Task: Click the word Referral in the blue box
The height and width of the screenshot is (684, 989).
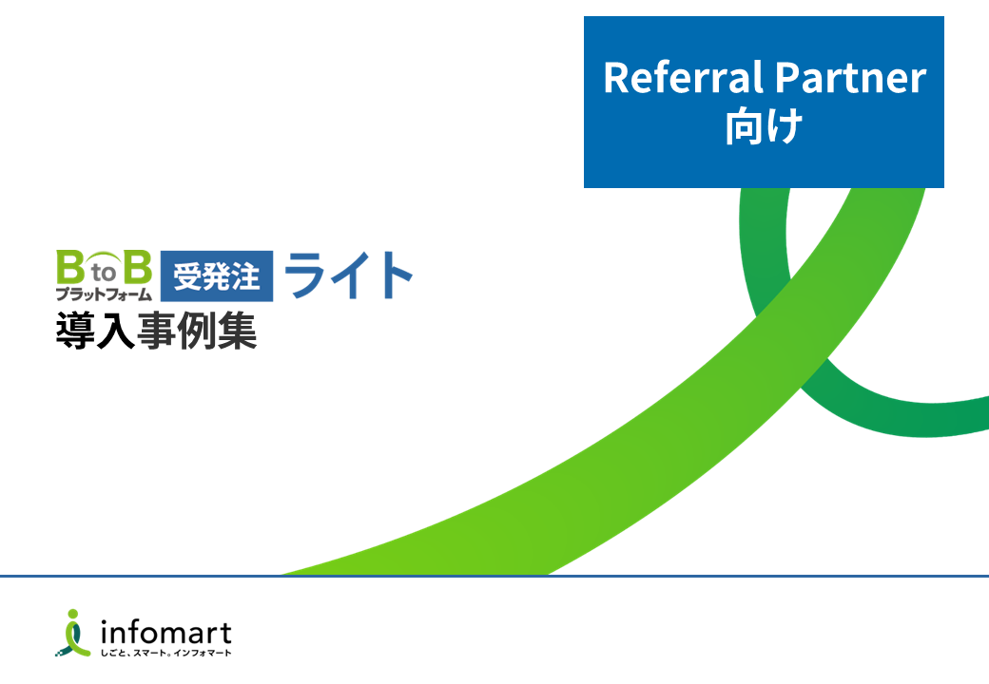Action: coord(683,78)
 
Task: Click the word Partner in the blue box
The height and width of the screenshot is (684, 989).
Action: coord(851,78)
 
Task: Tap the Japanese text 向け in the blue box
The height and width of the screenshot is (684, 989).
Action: coord(764,126)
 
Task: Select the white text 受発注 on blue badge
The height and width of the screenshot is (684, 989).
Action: coord(217,276)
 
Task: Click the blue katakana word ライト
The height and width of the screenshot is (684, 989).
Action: coord(349,275)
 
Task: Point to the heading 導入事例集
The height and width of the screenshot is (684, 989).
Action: coord(156,331)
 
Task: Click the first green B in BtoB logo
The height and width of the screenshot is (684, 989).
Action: coord(70,267)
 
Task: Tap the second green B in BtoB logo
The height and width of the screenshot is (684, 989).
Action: coord(138,267)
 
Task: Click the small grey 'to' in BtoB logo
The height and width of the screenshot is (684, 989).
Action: coord(104,273)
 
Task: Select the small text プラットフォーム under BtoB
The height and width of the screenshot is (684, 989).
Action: coord(104,294)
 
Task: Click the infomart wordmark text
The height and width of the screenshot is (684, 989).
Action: coord(165,633)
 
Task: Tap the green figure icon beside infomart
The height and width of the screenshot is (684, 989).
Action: coord(73,633)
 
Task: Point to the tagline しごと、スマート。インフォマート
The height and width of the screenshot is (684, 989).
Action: coord(165,654)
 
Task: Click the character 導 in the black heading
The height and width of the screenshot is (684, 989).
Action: coord(76,331)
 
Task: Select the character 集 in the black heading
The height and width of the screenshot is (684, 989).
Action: coord(237,331)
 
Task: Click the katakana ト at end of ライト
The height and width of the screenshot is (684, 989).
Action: coord(394,275)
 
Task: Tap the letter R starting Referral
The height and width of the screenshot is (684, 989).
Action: coord(616,78)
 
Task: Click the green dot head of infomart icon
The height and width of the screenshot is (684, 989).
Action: coord(74,614)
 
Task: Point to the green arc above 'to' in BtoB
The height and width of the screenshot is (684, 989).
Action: coord(104,257)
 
